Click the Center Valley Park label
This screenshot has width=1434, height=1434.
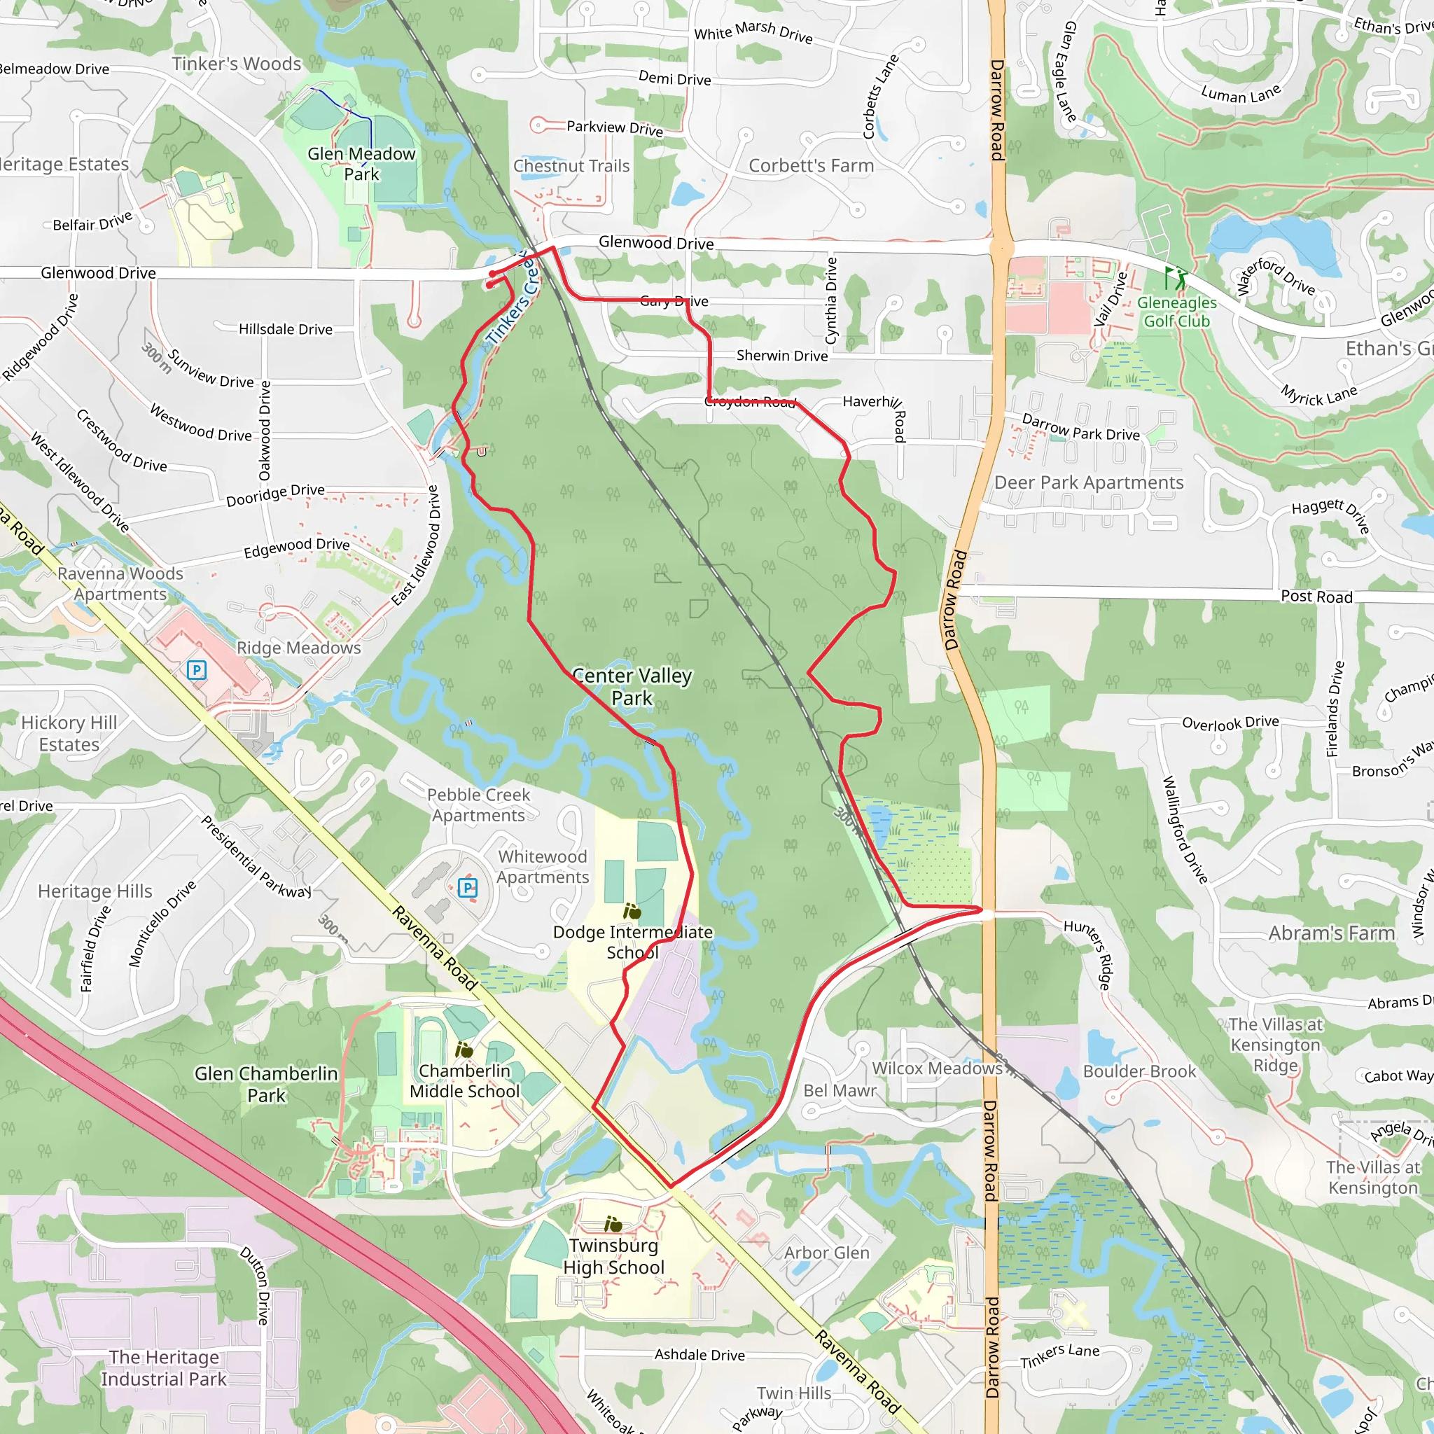(632, 687)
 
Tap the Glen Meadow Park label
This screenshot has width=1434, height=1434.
(361, 164)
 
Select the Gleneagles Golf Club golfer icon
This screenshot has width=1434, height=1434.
(1175, 279)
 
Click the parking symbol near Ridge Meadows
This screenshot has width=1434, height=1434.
(196, 670)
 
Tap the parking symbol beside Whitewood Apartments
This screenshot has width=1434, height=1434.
(468, 887)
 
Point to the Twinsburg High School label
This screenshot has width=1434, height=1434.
(613, 1256)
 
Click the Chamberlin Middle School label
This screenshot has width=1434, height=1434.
(465, 1080)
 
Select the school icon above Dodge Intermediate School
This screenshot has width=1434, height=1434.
(632, 911)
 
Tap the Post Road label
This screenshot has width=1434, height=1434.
(1316, 597)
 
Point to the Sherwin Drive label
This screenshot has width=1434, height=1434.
(781, 356)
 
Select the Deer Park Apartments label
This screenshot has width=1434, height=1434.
(1088, 482)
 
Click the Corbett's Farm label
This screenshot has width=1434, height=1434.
(811, 165)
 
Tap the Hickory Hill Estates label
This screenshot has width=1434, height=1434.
(69, 733)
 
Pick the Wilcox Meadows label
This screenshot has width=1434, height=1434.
(937, 1068)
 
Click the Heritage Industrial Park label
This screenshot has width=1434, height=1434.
(164, 1368)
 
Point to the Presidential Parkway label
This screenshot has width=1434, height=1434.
(256, 856)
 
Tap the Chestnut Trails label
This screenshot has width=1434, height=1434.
(571, 165)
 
